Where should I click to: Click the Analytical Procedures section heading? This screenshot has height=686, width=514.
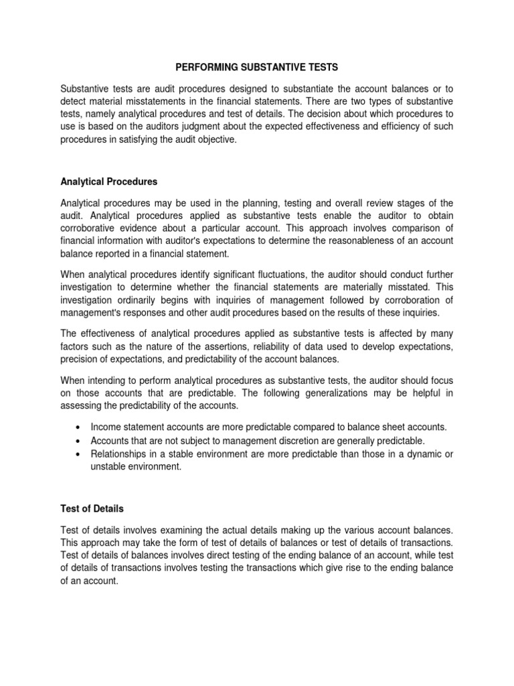[x=109, y=181]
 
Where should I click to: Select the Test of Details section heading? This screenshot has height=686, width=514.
[x=91, y=509]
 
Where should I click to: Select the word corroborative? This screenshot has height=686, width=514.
[x=92, y=228]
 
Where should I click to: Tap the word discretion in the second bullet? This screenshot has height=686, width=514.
[x=305, y=441]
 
